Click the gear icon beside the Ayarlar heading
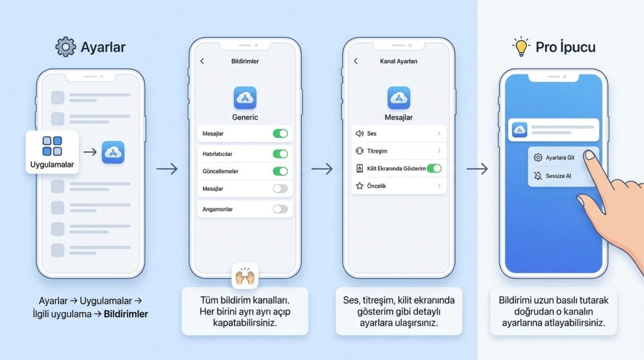(65, 47)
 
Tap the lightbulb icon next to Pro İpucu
(521, 46)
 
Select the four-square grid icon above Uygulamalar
(52, 146)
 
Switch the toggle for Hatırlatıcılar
(280, 154)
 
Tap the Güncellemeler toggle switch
(280, 171)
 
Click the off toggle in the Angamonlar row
(280, 209)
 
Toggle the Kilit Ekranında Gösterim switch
(434, 168)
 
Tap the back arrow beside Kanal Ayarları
(356, 61)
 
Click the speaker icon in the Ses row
(359, 133)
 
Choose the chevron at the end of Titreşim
(439, 151)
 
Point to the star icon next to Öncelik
(360, 186)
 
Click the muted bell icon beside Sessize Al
(538, 176)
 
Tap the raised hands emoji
(245, 276)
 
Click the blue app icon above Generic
(245, 98)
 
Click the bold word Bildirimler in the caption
(126, 314)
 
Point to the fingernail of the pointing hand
(589, 155)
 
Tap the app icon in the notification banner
(519, 130)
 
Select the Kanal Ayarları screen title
(398, 61)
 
